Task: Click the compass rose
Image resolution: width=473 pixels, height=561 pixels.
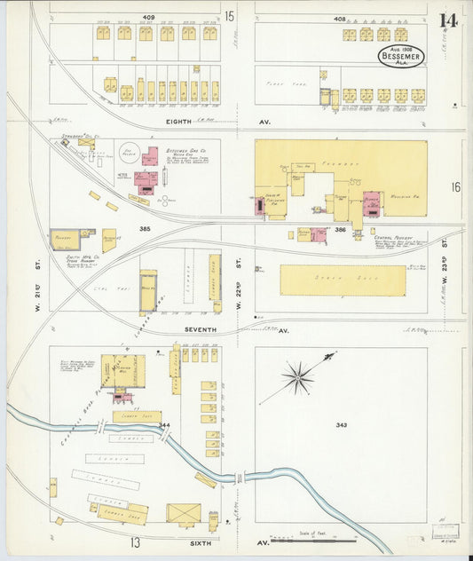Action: click(297, 376)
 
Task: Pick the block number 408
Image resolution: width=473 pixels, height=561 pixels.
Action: click(339, 17)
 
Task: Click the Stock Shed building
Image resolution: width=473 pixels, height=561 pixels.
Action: click(343, 280)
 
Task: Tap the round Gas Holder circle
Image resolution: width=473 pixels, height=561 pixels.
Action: click(130, 153)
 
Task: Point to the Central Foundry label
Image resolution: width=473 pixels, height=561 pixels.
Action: click(390, 238)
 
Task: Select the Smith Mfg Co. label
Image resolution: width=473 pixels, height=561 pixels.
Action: click(64, 257)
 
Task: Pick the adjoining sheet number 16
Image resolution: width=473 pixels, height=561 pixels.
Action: click(455, 186)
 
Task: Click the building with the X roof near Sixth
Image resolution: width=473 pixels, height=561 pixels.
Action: click(184, 515)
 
